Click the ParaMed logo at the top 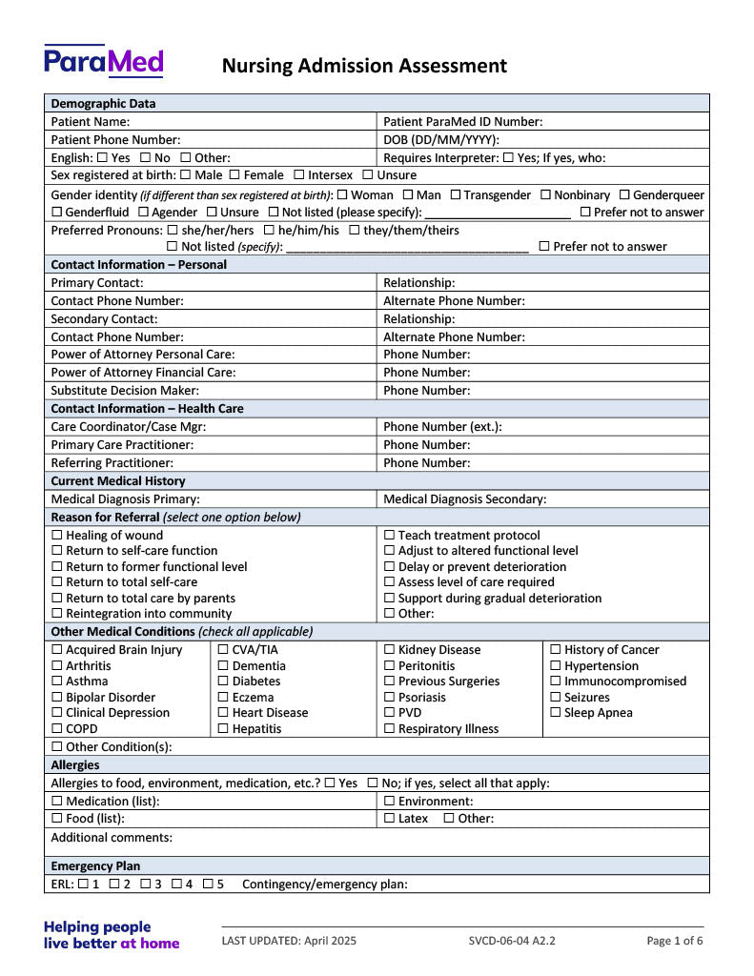[x=103, y=61]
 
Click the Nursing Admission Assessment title [x=364, y=66]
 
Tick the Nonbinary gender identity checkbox [x=545, y=195]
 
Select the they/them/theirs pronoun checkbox [x=355, y=231]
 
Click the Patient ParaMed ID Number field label [x=462, y=122]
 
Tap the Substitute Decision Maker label [x=125, y=391]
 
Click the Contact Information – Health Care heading [x=147, y=409]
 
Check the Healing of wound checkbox [x=57, y=536]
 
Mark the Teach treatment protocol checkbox [x=389, y=536]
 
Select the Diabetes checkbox [x=223, y=681]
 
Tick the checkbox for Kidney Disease [x=389, y=650]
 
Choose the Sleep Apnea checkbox [x=556, y=713]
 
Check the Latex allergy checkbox [x=389, y=819]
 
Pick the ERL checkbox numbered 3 [x=145, y=884]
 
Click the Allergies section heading [x=75, y=765]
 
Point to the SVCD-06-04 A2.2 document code [x=511, y=941]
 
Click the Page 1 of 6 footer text [x=675, y=941]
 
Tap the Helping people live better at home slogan [x=112, y=935]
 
